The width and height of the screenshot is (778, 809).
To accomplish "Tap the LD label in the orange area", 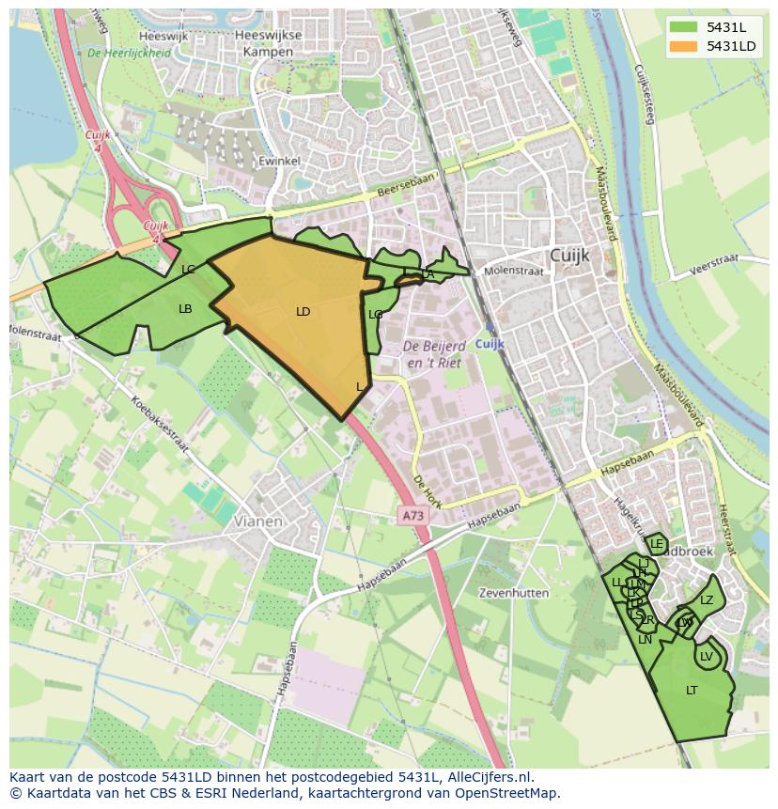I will click(x=303, y=312).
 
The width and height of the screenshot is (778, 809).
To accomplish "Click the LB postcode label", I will click(x=185, y=309).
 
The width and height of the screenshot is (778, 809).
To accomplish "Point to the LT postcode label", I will click(x=692, y=691).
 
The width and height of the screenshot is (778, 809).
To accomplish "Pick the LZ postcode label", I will click(x=707, y=601).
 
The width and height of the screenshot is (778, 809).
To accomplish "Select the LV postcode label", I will click(x=707, y=657).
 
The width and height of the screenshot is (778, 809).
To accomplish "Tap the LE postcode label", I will click(x=657, y=545).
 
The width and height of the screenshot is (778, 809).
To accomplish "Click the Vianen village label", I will click(x=258, y=521).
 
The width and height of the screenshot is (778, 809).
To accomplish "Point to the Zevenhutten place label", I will click(x=513, y=594).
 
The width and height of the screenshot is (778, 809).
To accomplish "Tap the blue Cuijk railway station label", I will click(x=490, y=345).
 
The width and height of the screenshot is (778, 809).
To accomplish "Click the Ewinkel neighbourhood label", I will click(x=278, y=162).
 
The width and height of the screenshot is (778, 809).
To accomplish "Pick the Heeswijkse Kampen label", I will click(x=269, y=43).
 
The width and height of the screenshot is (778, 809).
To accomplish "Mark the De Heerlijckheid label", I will click(x=129, y=54).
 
